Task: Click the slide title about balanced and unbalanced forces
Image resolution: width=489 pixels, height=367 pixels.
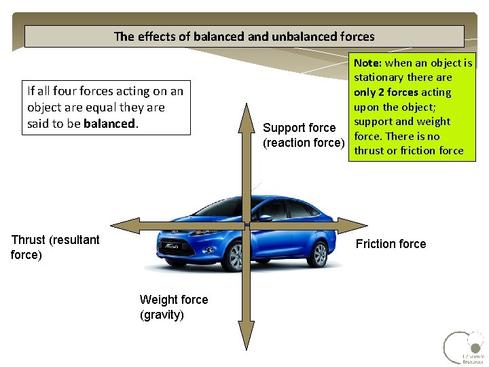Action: click(x=244, y=36)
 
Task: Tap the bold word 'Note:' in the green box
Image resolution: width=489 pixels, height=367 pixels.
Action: click(x=368, y=63)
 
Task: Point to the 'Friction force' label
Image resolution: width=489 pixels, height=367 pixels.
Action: click(x=391, y=244)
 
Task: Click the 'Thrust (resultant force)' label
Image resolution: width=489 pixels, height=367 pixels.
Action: click(x=55, y=247)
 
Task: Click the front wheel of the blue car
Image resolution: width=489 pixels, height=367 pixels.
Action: click(x=236, y=257)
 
